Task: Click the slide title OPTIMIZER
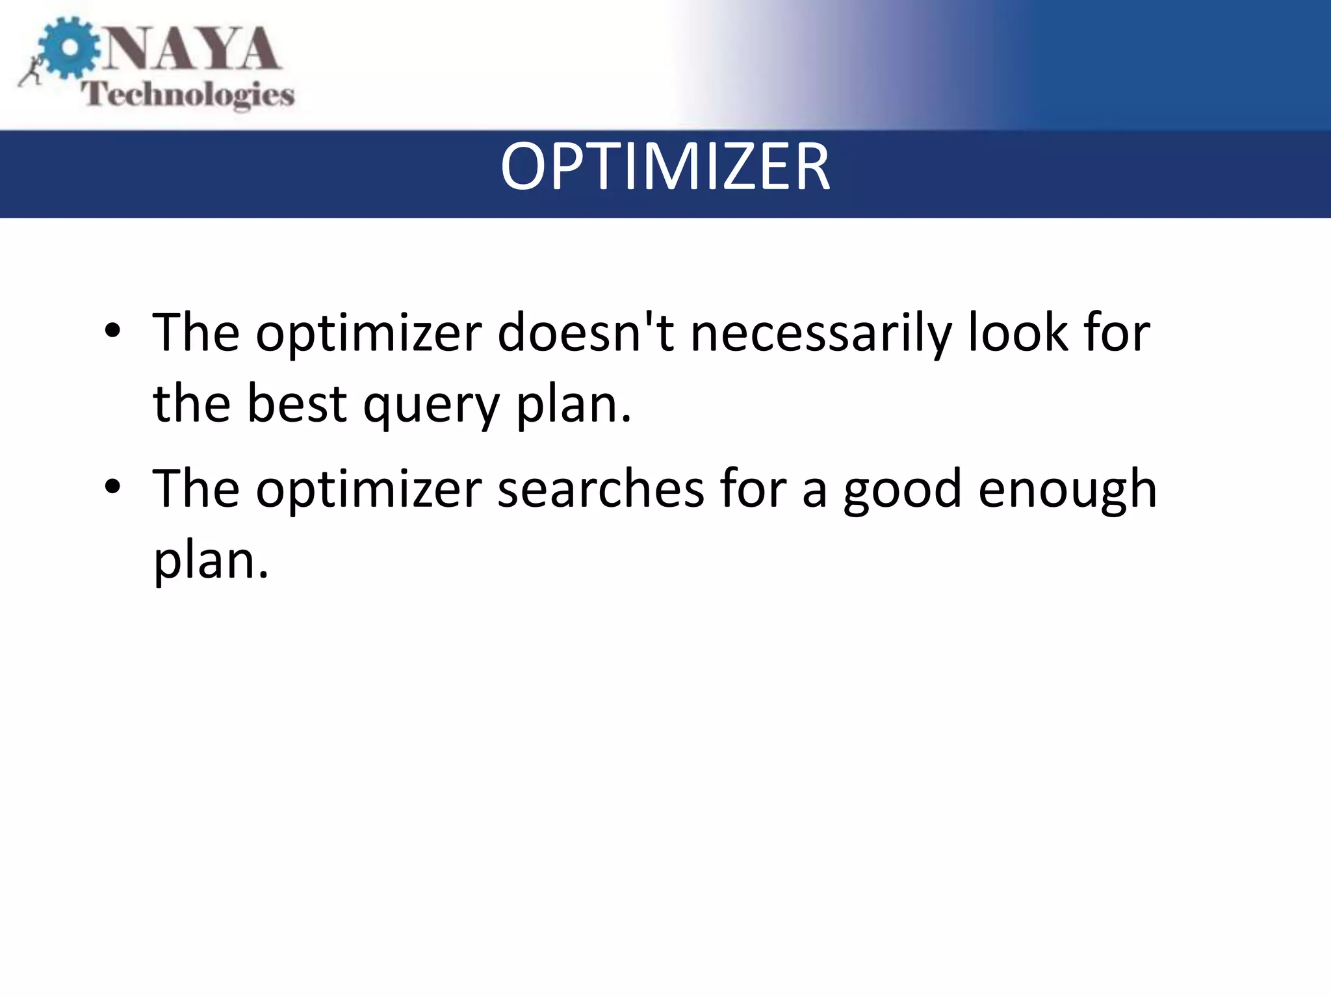pos(665,168)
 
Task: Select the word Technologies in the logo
pos(188,95)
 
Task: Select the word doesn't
pos(586,333)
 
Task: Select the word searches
pos(601,489)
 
